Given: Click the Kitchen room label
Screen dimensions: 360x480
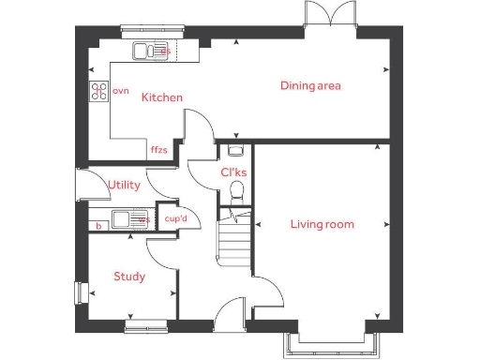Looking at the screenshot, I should pyautogui.click(x=161, y=97).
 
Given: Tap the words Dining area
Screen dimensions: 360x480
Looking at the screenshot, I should pyautogui.click(x=310, y=86).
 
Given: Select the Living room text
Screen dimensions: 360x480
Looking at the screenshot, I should pyautogui.click(x=322, y=224).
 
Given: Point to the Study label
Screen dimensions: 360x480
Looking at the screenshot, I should pyautogui.click(x=128, y=277).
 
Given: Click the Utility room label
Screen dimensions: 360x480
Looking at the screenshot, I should pyautogui.click(x=124, y=186).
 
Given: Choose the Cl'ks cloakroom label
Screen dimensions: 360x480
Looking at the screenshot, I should pyautogui.click(x=233, y=173).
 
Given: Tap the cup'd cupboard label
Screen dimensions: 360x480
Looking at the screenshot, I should pyautogui.click(x=176, y=219).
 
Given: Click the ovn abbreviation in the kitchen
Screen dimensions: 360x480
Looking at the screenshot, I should pyautogui.click(x=120, y=91).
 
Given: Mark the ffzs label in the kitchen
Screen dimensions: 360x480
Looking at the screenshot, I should pyautogui.click(x=158, y=149).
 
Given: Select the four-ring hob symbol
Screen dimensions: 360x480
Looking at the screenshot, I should pyautogui.click(x=98, y=91).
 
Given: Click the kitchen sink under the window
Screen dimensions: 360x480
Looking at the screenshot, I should pyautogui.click(x=150, y=52).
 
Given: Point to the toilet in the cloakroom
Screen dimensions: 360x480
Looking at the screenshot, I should pyautogui.click(x=237, y=194).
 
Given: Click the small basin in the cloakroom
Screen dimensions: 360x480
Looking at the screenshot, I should pyautogui.click(x=235, y=148).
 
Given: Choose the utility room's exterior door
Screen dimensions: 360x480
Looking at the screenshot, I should pyautogui.click(x=82, y=184).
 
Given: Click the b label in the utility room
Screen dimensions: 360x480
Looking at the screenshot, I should pyautogui.click(x=97, y=225).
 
